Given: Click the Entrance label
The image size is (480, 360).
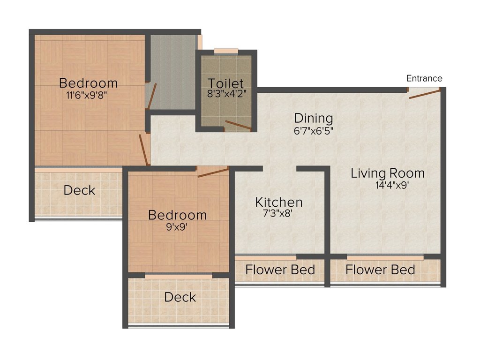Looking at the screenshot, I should pyautogui.click(x=424, y=78).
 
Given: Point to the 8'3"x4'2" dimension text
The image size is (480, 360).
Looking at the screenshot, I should pyautogui.click(x=226, y=93).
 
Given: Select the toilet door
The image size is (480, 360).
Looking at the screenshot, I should pyautogui.click(x=238, y=125).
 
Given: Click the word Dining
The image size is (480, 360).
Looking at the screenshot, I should pyautogui.click(x=313, y=118).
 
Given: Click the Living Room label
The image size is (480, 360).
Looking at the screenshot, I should pyautogui.click(x=388, y=173).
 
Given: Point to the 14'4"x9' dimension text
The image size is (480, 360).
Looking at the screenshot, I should pyautogui.click(x=387, y=185).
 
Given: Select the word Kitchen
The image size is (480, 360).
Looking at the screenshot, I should pyautogui.click(x=278, y=202).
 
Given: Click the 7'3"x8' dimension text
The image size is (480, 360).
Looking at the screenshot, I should pyautogui.click(x=278, y=214).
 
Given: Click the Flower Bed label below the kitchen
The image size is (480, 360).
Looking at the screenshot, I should pyautogui.click(x=280, y=270).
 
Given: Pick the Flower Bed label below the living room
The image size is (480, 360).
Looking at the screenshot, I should pyautogui.click(x=380, y=270).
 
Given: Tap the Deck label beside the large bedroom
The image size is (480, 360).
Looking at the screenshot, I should pyautogui.click(x=79, y=190).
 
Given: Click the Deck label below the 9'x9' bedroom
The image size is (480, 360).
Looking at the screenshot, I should pyautogui.click(x=180, y=297).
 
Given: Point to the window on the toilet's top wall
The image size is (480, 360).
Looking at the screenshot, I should pyautogui.click(x=226, y=51).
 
